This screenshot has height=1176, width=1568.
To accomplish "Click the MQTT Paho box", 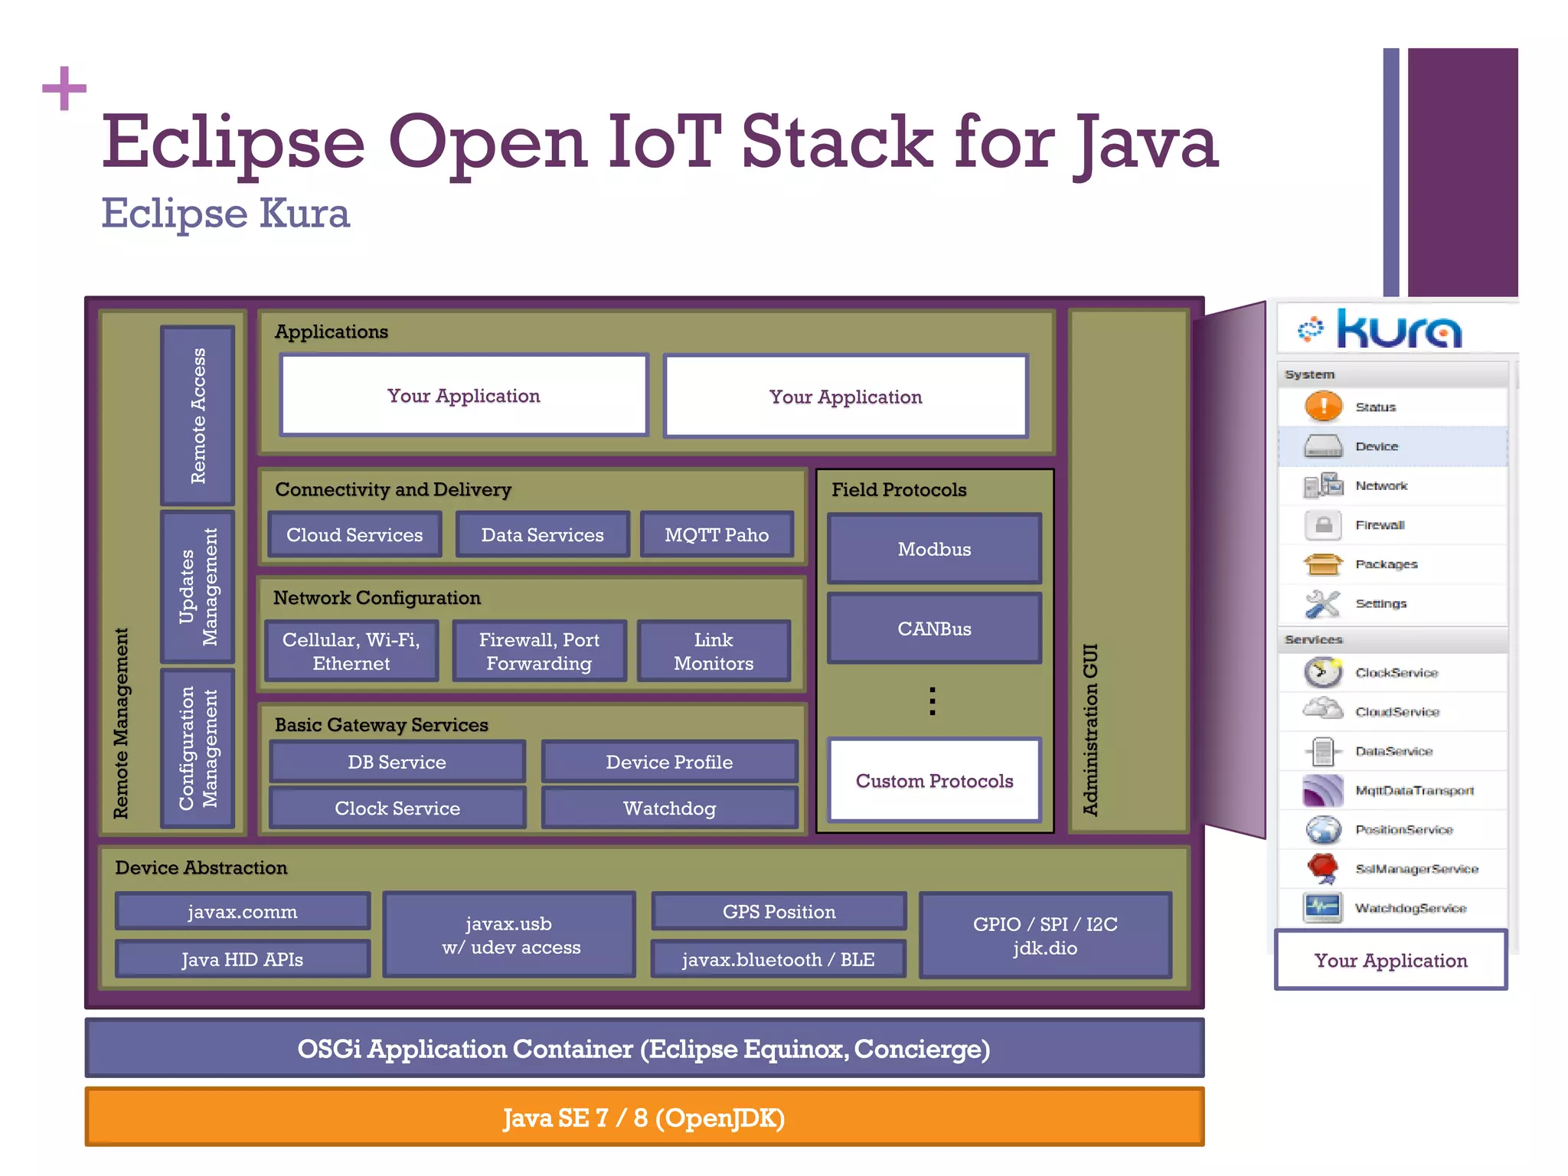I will click(x=717, y=534).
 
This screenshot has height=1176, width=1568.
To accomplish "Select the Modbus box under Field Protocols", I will click(x=934, y=549).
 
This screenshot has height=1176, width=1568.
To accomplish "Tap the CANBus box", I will click(x=934, y=629).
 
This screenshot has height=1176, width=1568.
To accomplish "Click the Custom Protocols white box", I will click(x=934, y=780).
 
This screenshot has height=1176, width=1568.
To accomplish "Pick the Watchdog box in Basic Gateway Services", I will click(x=669, y=808).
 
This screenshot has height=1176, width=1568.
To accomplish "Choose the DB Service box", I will click(x=397, y=762).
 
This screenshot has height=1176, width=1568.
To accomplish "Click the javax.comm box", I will click(x=242, y=911).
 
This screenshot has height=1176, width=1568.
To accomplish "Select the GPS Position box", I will click(x=779, y=911).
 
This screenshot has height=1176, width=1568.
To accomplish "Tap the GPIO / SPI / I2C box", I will click(x=1045, y=935).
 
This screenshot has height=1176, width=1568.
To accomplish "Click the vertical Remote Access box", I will click(x=198, y=416).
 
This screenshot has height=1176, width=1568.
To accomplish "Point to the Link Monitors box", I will click(x=713, y=651).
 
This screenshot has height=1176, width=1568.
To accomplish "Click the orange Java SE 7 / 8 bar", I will click(x=644, y=1118).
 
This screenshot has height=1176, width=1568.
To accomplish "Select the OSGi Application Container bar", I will click(x=644, y=1048).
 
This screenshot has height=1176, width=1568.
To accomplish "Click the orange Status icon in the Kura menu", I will click(x=1323, y=407).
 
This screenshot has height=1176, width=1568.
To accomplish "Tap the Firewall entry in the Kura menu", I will click(x=1379, y=525).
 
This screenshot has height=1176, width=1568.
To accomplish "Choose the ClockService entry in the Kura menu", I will click(x=1396, y=673).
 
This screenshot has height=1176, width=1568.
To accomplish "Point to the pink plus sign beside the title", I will click(x=64, y=89).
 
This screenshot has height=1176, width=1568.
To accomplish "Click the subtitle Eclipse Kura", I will click(x=226, y=213).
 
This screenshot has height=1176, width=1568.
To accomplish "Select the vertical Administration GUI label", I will click(x=1090, y=729).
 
